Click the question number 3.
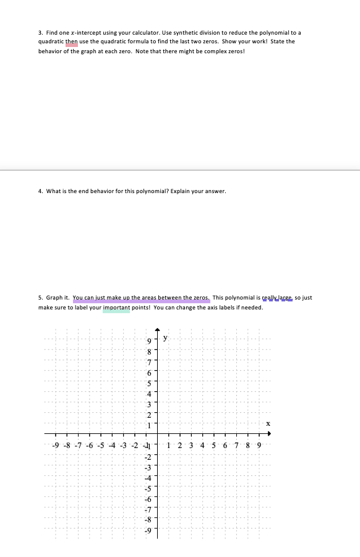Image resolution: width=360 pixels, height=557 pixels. tap(40, 32)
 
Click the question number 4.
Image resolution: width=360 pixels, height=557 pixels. tap(40, 191)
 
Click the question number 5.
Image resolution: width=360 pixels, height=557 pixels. tap(40, 298)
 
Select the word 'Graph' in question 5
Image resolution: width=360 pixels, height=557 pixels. tap(54, 298)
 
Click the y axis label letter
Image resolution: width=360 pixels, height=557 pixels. tap(165, 338)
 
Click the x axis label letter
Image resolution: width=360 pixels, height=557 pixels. tap(268, 424)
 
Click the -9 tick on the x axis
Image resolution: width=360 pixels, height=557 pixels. tap(55, 446)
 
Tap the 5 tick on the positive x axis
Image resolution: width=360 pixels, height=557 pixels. tap(213, 446)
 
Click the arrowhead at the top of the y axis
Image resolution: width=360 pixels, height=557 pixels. tap(157, 332)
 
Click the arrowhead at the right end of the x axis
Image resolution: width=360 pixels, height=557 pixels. tap(269, 434)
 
